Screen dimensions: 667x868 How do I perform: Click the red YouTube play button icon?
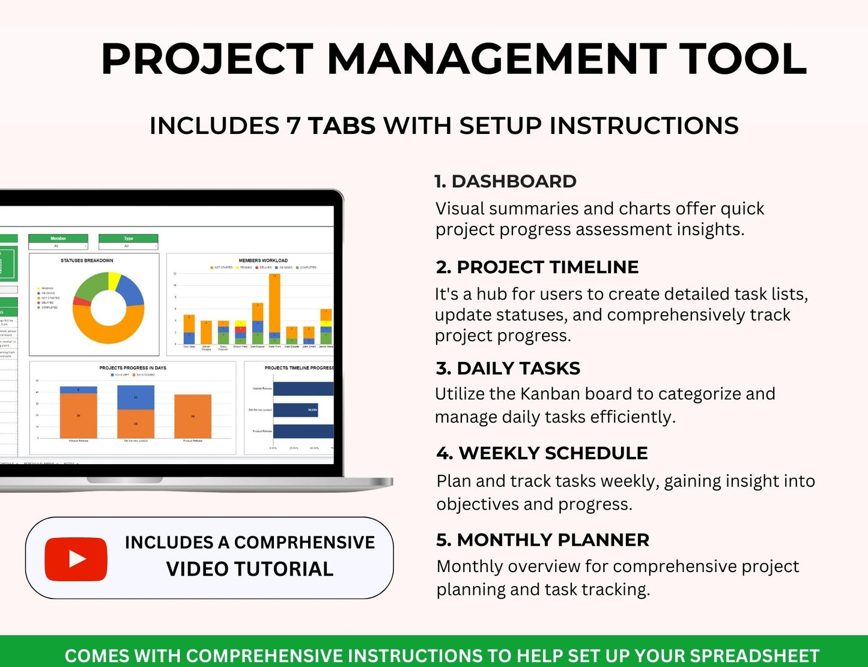point(76,559)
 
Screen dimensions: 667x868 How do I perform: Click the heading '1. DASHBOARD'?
point(505,181)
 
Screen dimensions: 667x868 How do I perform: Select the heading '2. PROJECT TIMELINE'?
point(537,267)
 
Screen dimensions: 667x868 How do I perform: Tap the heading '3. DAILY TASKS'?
point(508,368)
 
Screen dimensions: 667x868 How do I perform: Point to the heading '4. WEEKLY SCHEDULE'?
point(542,453)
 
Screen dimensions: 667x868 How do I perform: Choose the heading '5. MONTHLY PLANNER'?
point(542,540)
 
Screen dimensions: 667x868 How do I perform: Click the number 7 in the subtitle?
point(294,126)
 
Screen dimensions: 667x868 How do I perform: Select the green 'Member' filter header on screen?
point(58,238)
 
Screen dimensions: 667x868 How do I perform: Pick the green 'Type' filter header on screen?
point(128,238)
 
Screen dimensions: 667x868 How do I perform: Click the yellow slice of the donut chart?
point(114,280)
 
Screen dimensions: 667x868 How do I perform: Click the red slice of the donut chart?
point(80,301)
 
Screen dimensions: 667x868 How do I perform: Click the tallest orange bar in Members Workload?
point(275,304)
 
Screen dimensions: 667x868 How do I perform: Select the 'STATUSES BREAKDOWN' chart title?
point(86,261)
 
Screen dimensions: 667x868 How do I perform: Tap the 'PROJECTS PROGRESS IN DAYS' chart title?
point(133,367)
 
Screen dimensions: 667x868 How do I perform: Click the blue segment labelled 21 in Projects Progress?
point(136,397)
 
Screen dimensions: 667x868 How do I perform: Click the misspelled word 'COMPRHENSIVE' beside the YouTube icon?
point(304,542)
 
